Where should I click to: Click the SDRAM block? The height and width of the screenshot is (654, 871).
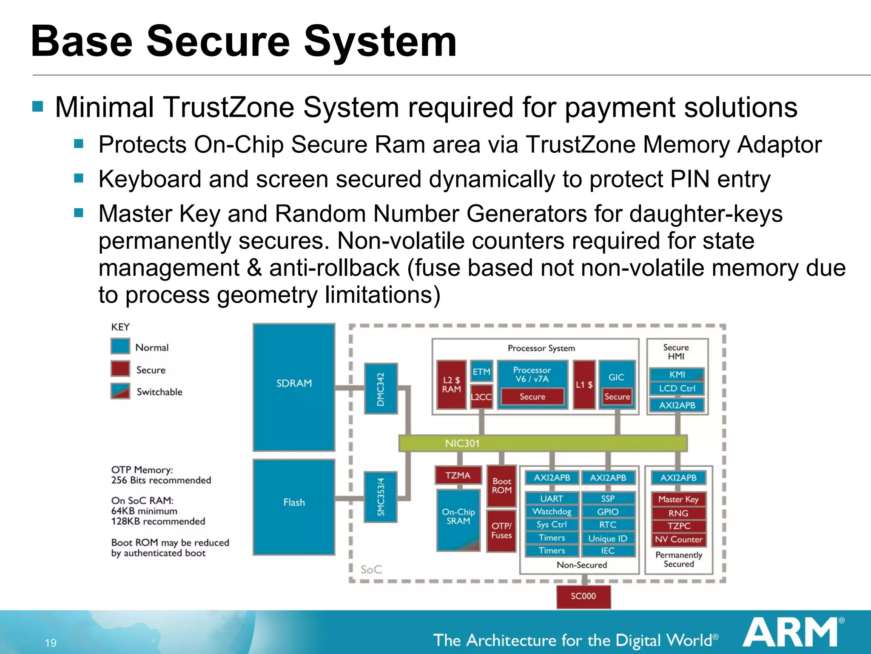click(294, 387)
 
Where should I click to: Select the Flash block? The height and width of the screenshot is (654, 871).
click(294, 507)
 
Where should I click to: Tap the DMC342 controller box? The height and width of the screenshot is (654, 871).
click(381, 388)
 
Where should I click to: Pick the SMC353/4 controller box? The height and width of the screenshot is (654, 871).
click(381, 497)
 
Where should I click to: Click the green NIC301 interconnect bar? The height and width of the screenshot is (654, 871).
click(543, 443)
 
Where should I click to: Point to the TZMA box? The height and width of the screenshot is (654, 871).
click(458, 475)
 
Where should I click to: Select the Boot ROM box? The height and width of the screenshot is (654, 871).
click(501, 485)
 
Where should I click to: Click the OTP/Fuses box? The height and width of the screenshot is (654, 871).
click(501, 531)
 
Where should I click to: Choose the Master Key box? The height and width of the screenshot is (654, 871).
click(678, 499)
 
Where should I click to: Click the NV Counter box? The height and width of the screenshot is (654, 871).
click(678, 539)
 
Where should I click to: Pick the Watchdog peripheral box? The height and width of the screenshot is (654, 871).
click(552, 511)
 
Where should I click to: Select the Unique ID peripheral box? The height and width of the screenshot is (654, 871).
click(608, 538)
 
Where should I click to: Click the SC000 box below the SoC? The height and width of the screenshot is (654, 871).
click(583, 596)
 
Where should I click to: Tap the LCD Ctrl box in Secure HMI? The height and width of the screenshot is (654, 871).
click(677, 388)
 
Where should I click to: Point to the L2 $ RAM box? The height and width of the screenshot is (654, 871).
click(451, 384)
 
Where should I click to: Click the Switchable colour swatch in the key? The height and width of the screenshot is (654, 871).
click(120, 391)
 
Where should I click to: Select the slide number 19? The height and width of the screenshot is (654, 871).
click(51, 643)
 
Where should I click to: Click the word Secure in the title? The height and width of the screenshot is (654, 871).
click(218, 41)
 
